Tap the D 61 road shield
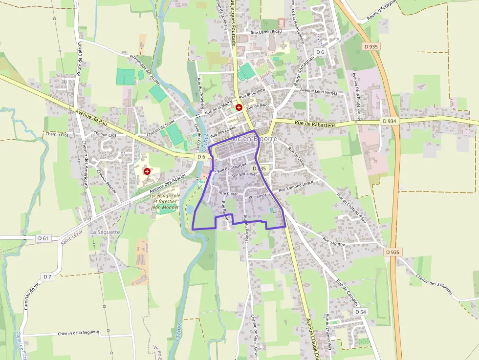pos(43,238)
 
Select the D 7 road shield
pos(47,277)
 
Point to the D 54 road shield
pos(361,312)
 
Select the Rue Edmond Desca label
pos(296,186)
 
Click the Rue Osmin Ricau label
pos(266,32)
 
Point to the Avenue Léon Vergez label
pos(319,91)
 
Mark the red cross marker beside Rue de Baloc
pos(239,107)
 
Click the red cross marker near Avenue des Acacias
pos(147,171)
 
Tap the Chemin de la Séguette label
pos(78,333)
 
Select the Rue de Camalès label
pos(348,293)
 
